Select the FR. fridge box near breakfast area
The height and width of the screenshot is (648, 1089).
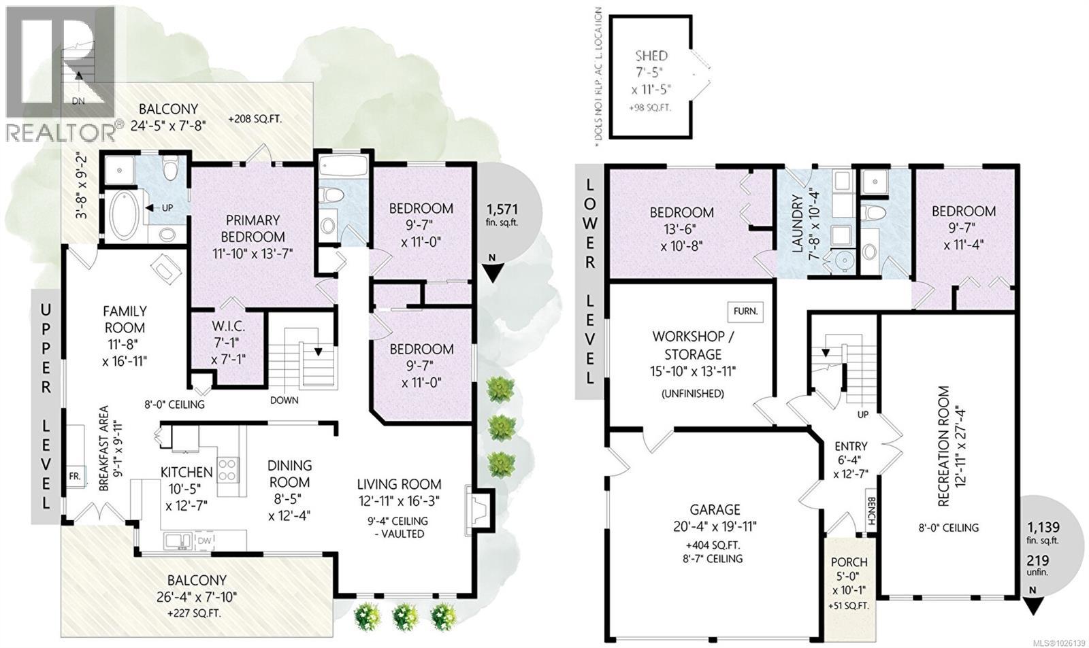pos(74,476)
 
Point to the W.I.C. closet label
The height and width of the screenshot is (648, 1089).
pos(228,326)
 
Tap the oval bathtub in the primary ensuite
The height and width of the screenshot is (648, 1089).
pos(124,215)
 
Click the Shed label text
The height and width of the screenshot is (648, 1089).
pos(651,56)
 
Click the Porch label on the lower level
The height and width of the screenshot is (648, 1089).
pos(849,562)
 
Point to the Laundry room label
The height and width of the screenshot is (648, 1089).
pos(798,224)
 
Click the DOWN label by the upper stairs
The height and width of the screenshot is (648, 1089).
pos(284,400)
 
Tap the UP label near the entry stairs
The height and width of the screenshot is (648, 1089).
pos(862,414)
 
